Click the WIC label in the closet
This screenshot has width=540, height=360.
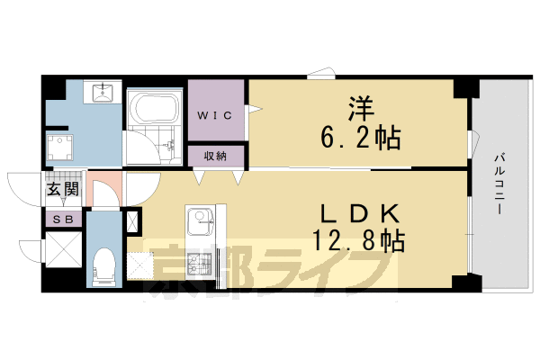pyautogui.click(x=216, y=114)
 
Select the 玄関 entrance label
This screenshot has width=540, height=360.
pyautogui.click(x=63, y=189)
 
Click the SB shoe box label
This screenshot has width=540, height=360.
pyautogui.click(x=63, y=219)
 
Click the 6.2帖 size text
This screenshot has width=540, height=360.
pyautogui.click(x=361, y=139)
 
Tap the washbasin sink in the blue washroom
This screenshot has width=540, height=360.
pyautogui.click(x=101, y=91)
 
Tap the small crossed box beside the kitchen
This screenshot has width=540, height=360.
pyautogui.click(x=133, y=221)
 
